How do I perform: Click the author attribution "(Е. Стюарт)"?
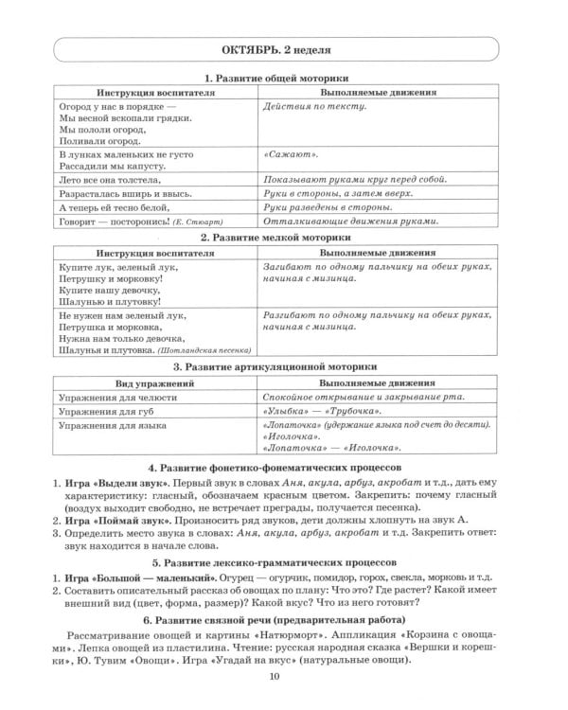[x=201, y=222]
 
